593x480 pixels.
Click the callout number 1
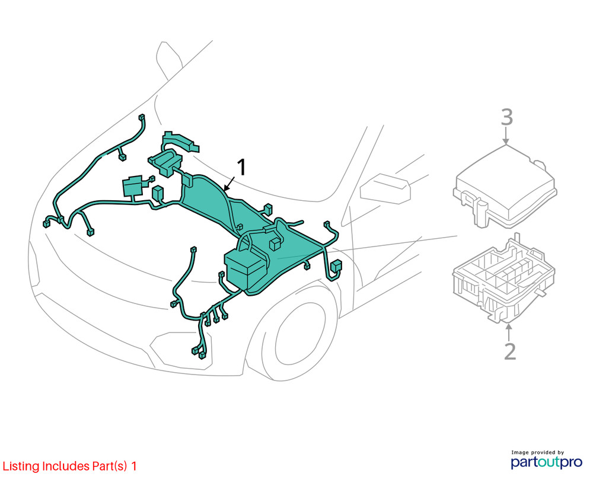pyautogui.click(x=241, y=168)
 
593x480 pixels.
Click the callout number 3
pyautogui.click(x=506, y=117)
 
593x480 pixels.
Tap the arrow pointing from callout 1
pyautogui.click(x=230, y=183)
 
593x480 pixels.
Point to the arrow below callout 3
pyautogui.click(x=506, y=137)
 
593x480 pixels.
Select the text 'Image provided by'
pyautogui.click(x=538, y=452)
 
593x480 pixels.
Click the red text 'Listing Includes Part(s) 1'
pyautogui.click(x=70, y=466)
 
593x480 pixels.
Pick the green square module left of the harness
pyautogui.click(x=132, y=186)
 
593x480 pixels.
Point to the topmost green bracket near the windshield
pyautogui.click(x=181, y=140)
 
